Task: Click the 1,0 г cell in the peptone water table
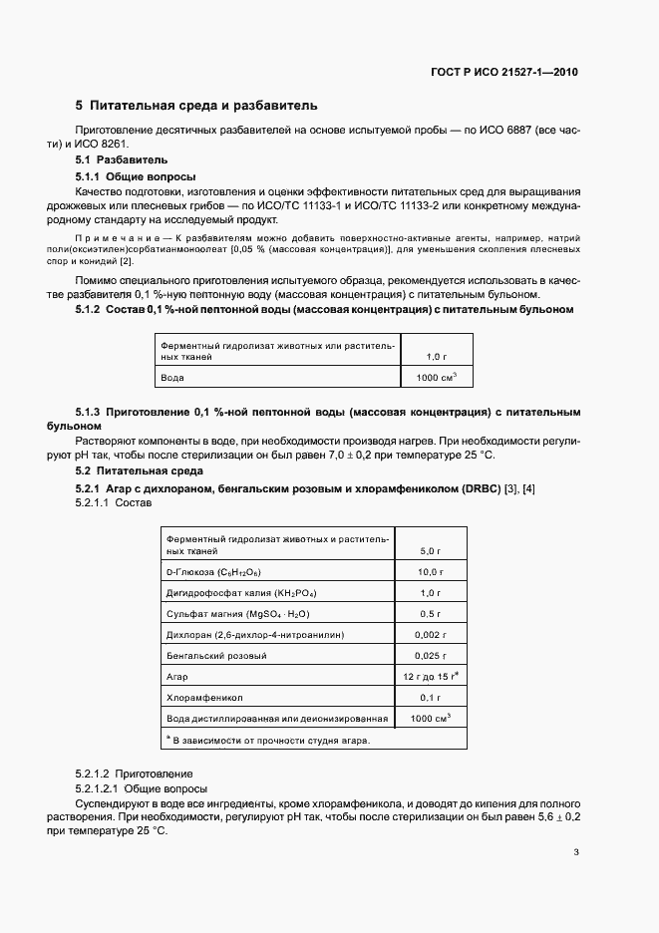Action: click(436, 355)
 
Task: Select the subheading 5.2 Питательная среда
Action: click(141, 470)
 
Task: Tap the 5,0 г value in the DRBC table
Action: click(431, 549)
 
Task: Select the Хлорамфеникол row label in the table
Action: click(205, 697)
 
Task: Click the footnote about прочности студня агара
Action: click(268, 741)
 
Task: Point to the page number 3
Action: click(576, 852)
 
